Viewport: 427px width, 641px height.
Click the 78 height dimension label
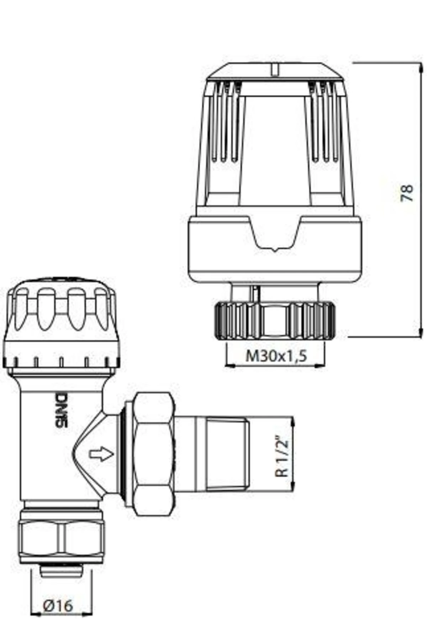tap(407, 193)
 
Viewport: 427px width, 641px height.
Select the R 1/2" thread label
tap(281, 457)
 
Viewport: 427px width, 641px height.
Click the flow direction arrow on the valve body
tap(101, 454)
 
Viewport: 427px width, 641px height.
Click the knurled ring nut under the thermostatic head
tap(275, 320)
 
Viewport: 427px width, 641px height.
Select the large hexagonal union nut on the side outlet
tap(154, 454)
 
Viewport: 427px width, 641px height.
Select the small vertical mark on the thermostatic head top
tap(274, 69)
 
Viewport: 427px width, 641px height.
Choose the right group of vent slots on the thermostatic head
tap(325, 121)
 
